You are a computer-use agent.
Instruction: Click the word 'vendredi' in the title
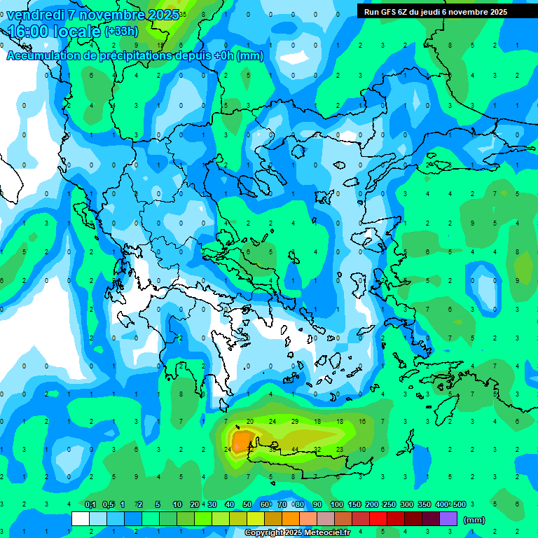[35, 15]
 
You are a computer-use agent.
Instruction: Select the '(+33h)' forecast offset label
[121, 31]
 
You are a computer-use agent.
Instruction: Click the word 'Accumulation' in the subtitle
[46, 56]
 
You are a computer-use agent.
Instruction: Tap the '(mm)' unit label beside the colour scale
[474, 520]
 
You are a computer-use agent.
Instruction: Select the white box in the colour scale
[81, 519]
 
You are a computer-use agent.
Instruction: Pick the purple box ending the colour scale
[448, 519]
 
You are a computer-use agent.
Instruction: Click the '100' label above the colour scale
[336, 505]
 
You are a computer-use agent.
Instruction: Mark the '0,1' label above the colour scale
[90, 505]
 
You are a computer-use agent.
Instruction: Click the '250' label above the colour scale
[389, 505]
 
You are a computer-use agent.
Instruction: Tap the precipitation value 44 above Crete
[296, 449]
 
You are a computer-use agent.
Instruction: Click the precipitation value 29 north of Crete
[295, 421]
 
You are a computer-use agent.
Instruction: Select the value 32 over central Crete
[317, 449]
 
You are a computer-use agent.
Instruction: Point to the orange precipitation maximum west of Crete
[242, 441]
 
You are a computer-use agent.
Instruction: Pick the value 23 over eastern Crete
[340, 449]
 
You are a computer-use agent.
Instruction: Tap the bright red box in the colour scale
[378, 519]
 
